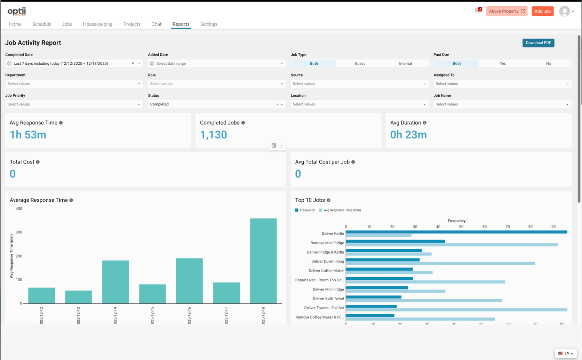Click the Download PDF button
coord(538,43)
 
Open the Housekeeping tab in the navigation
coord(97,24)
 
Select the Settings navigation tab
coord(208,24)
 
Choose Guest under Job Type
coord(359,63)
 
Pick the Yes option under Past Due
coord(502,63)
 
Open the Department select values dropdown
coord(74,84)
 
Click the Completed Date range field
coord(70,63)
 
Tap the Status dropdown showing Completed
coord(212,104)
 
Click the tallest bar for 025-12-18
coord(263,261)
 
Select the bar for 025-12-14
coord(115,282)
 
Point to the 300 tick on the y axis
coord(19,232)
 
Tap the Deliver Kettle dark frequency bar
coord(456,232)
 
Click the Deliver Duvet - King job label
coord(327,261)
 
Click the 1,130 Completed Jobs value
coord(213,135)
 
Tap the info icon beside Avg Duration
coord(424,123)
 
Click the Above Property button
coord(507,11)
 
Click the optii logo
coord(17,11)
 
